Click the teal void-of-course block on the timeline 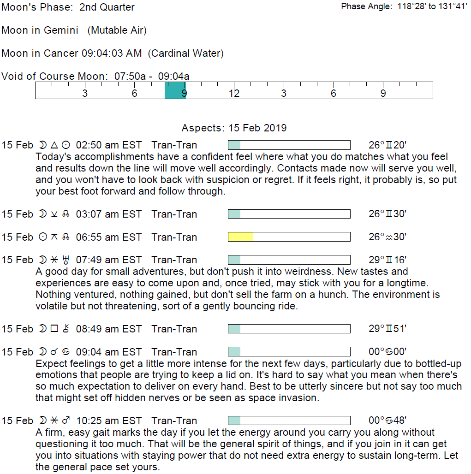click(x=175, y=90)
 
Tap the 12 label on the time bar click(x=234, y=94)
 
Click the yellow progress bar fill click(x=240, y=237)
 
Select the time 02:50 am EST click(x=109, y=145)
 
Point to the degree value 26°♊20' click(x=388, y=145)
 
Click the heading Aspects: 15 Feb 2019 click(x=234, y=128)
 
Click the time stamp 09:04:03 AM click(x=112, y=53)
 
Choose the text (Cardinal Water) click(x=186, y=53)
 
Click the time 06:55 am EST click(x=109, y=237)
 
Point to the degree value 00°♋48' click(x=388, y=421)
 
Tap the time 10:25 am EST click(x=109, y=421)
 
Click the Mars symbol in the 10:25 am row click(x=66, y=421)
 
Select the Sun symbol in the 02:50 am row click(x=66, y=145)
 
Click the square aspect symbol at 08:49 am click(x=54, y=329)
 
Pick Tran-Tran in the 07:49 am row click(x=174, y=260)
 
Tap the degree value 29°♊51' click(x=388, y=329)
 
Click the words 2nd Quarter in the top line click(x=107, y=7)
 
